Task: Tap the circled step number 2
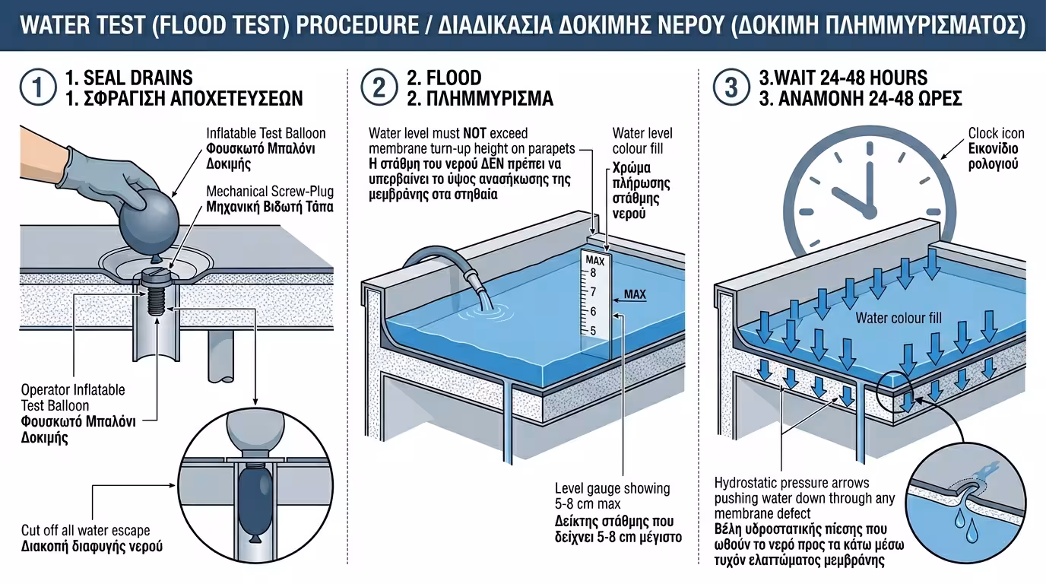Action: (x=378, y=87)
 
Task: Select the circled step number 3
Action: (x=731, y=87)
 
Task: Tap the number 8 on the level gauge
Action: (x=594, y=272)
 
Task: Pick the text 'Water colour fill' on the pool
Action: (x=899, y=317)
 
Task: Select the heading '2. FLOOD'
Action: (x=444, y=78)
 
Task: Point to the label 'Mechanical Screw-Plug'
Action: (x=270, y=192)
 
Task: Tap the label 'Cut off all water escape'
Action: (x=85, y=531)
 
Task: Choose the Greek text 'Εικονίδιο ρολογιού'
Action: (x=994, y=157)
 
